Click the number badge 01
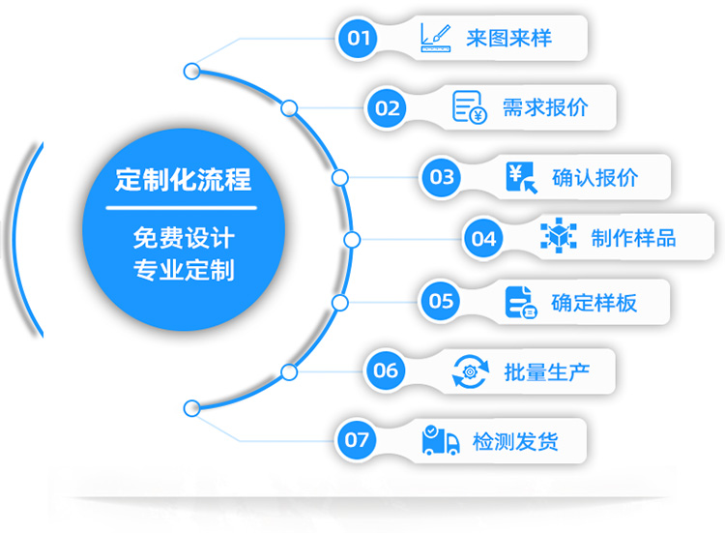coord(359,39)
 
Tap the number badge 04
coord(483,238)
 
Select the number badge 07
coord(357,440)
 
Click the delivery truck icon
coord(441,441)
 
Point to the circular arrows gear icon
coord(470,370)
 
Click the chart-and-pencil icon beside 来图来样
coord(436,39)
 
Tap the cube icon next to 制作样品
coord(558,237)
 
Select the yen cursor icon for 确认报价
coord(521,177)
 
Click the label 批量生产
coord(546,370)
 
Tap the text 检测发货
coord(515,441)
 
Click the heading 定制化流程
coord(183,180)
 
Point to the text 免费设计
coord(183,237)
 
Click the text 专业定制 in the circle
coord(183,269)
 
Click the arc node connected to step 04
coord(352,239)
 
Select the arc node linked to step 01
coord(191,71)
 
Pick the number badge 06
coord(386,370)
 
